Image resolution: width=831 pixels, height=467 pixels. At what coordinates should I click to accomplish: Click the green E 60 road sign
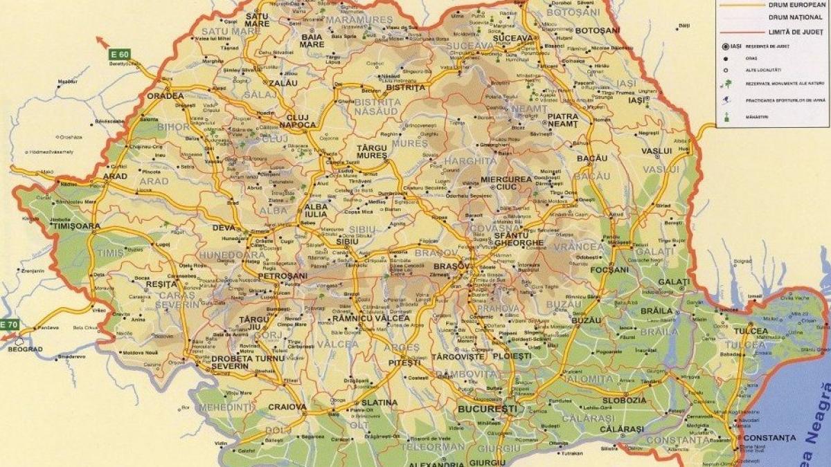coord(119,54)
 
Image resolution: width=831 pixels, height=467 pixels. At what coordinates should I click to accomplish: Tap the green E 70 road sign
coord(8,324)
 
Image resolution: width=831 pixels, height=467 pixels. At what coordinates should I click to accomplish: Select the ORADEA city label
coord(165,96)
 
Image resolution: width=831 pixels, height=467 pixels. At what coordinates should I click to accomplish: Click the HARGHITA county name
coord(470,161)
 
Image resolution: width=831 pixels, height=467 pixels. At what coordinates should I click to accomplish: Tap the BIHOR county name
coord(173,127)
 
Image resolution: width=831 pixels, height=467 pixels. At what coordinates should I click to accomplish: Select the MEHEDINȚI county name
coord(226,408)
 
